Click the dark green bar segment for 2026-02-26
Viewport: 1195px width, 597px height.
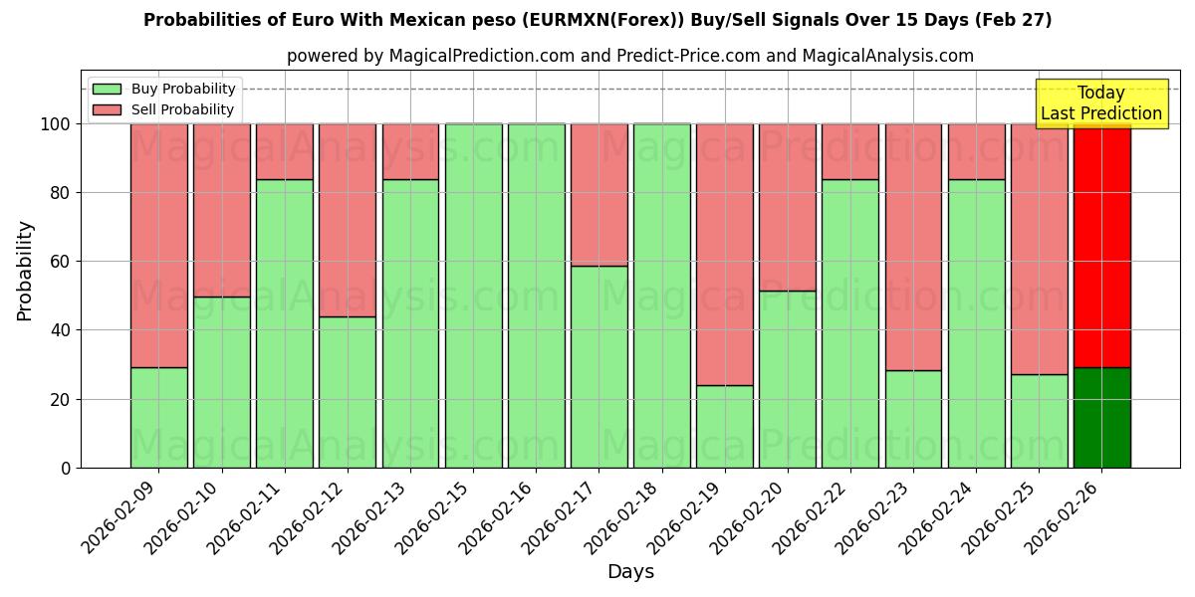click(x=1101, y=418)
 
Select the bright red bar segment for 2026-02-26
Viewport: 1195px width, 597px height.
click(x=1101, y=246)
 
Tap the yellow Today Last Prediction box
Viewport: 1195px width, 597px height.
click(x=1100, y=103)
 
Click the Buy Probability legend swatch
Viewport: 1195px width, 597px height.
click(x=107, y=90)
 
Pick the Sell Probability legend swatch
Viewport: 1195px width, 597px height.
click(x=107, y=110)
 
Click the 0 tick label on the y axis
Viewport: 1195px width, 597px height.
click(x=67, y=468)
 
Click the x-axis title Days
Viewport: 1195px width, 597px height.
click(x=630, y=572)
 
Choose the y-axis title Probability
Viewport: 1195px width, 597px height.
click(x=25, y=271)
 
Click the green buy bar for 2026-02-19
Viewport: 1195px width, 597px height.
click(x=724, y=426)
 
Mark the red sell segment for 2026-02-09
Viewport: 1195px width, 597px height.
click(x=158, y=246)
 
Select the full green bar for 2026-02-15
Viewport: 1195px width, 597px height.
click(x=473, y=296)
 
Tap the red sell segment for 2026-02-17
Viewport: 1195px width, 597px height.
click(x=598, y=195)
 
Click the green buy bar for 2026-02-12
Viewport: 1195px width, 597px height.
click(x=348, y=392)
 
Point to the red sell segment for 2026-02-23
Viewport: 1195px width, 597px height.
click(x=913, y=247)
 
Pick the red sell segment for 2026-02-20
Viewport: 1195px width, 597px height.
click(x=787, y=207)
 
